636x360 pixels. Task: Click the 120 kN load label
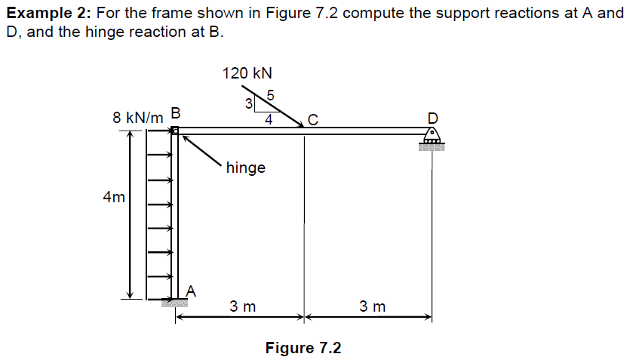coord(247,73)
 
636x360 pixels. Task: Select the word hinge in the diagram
coord(246,168)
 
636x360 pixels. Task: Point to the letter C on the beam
coord(312,118)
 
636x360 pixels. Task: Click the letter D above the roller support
coord(432,118)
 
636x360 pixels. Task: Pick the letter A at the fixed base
coord(191,290)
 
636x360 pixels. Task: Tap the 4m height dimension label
coord(114,198)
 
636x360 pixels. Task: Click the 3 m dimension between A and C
coord(243,306)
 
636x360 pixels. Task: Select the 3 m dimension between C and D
coord(372,306)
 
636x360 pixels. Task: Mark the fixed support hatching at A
coord(175,303)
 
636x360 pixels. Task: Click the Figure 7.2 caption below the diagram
coord(303,348)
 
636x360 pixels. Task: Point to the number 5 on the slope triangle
coord(270,95)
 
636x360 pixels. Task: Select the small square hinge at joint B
coord(175,131)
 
